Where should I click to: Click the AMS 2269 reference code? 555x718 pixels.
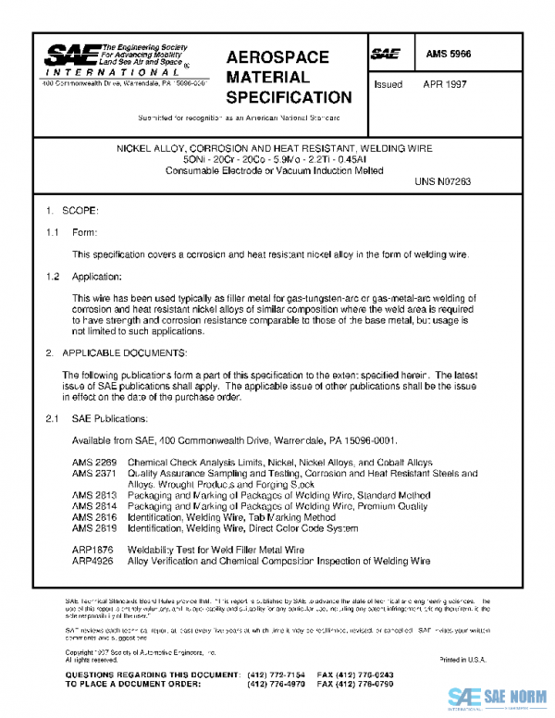point(94,462)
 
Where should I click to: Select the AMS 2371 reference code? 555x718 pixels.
point(94,473)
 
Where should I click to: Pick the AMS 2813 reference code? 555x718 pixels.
point(94,496)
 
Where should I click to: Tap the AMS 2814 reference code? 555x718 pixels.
point(94,507)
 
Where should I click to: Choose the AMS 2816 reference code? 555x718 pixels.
point(94,518)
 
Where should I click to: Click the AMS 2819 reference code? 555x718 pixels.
point(94,529)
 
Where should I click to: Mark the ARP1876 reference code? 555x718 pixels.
point(93,551)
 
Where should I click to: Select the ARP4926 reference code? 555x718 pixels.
point(93,562)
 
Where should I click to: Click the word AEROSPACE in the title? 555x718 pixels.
point(277,57)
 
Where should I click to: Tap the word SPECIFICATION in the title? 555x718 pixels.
point(289,96)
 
